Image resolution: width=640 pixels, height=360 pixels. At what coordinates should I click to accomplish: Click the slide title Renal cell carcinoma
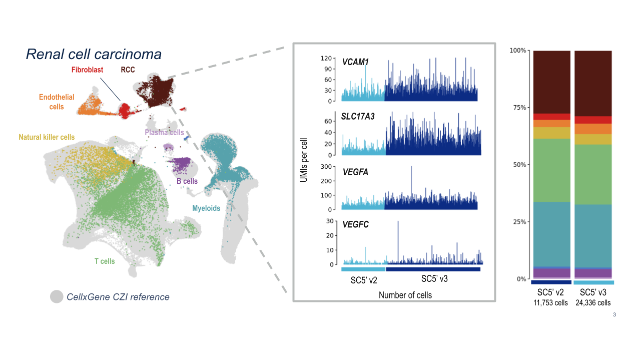click(x=94, y=54)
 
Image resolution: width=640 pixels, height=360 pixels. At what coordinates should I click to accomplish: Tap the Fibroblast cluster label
click(x=87, y=70)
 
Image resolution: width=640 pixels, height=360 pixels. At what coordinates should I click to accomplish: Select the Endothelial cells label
click(x=56, y=102)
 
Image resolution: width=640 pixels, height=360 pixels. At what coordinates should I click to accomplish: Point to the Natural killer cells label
click(x=47, y=137)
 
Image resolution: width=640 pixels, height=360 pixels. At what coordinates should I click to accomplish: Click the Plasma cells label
click(x=164, y=133)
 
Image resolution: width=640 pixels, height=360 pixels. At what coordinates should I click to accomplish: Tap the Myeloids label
click(x=206, y=208)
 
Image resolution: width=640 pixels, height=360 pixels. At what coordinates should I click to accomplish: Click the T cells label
click(x=104, y=261)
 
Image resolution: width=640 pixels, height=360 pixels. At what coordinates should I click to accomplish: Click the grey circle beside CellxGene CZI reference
click(x=57, y=297)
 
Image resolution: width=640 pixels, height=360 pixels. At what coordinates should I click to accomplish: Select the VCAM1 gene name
click(x=355, y=63)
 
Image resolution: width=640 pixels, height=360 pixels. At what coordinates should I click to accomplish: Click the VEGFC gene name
click(x=355, y=225)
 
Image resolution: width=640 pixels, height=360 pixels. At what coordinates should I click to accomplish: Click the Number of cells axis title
click(x=405, y=295)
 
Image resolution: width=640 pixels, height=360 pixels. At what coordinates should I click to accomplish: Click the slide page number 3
click(x=614, y=315)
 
